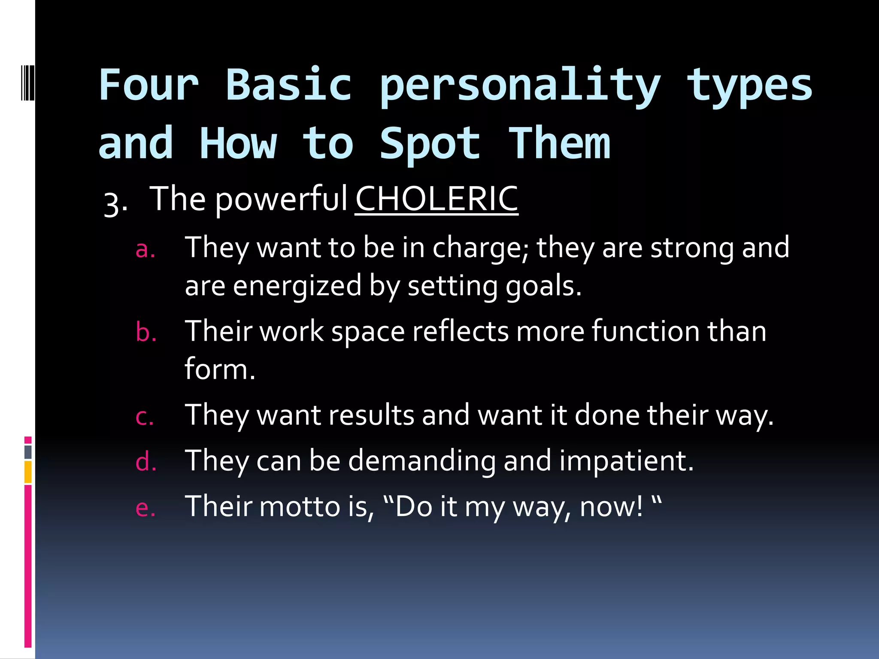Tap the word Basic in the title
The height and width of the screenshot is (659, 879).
tap(288, 85)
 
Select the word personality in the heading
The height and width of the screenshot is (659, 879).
tap(520, 86)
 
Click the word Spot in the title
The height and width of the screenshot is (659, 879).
tap(430, 144)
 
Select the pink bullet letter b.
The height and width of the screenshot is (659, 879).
tap(146, 333)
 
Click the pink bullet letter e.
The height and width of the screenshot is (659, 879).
tap(145, 508)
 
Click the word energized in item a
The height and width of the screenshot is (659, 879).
tap(297, 287)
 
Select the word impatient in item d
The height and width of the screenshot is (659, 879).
tap(626, 461)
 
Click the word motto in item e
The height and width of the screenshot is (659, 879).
tap(300, 506)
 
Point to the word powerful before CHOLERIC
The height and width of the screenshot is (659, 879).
tap(281, 200)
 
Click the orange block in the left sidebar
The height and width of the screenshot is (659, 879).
tap(28, 472)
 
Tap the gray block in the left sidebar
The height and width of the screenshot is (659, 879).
tap(28, 452)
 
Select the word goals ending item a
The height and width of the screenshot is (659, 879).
tap(543, 287)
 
